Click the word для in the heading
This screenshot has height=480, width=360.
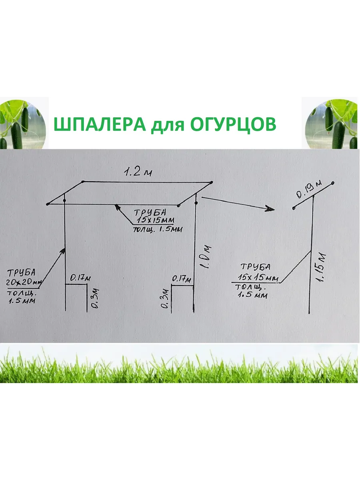pos(166,125)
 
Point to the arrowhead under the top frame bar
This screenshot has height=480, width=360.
pos(117,207)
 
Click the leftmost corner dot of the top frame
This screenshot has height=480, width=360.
pos(48,204)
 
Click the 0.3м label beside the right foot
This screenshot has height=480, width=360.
pos(164,299)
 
